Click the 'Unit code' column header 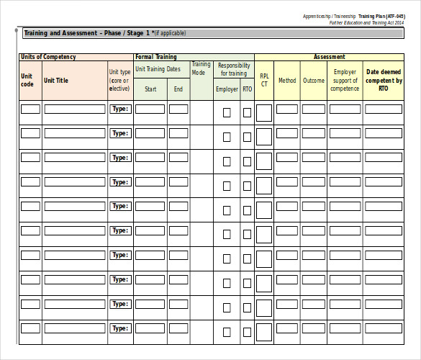pyautogui.click(x=27, y=80)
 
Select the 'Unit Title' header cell pyautogui.click(x=56, y=81)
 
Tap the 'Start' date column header pyautogui.click(x=150, y=89)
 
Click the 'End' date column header pyautogui.click(x=178, y=89)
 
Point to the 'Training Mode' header pyautogui.click(x=201, y=68)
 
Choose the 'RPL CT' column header pyautogui.click(x=264, y=80)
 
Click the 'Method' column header pyautogui.click(x=287, y=81)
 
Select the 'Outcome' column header pyautogui.click(x=314, y=81)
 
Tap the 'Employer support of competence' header pyautogui.click(x=345, y=81)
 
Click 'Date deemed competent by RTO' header pyautogui.click(x=384, y=80)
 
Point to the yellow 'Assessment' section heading pyautogui.click(x=329, y=57)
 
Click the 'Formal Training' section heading pyautogui.click(x=156, y=57)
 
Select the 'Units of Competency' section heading pyautogui.click(x=49, y=57)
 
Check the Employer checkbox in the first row pyautogui.click(x=227, y=112)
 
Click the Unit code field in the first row pyautogui.click(x=30, y=109)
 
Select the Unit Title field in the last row pyautogui.click(x=75, y=328)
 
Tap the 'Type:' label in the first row pyautogui.click(x=120, y=109)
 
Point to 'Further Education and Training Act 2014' pyautogui.click(x=367, y=22)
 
